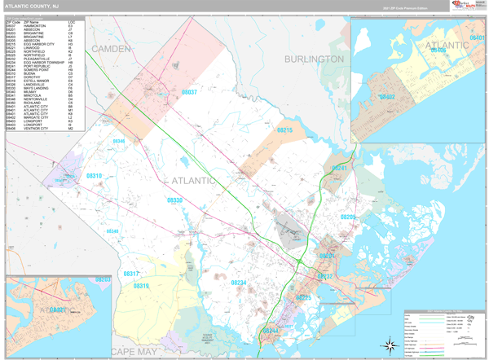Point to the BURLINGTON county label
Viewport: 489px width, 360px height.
point(314,59)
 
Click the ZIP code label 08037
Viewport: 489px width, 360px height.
point(188,93)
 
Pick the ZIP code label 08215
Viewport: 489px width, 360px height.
point(284,130)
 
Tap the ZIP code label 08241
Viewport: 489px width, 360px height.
point(339,168)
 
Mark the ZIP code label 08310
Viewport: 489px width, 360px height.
point(95,176)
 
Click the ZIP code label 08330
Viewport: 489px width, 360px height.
point(175,200)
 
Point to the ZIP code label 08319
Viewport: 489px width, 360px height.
point(141,286)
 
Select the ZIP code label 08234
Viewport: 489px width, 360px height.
point(238,282)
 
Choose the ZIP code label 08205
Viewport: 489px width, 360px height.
point(348,217)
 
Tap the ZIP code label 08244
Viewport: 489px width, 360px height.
point(271,331)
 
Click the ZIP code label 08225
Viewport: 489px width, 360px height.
point(303,298)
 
